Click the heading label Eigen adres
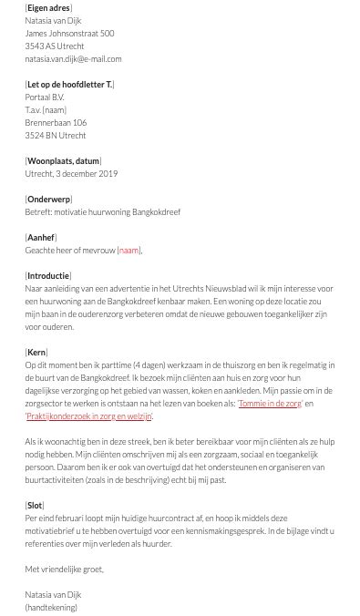point(48,8)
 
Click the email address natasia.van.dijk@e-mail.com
point(73,58)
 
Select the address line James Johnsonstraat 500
point(69,34)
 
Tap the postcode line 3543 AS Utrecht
point(55,46)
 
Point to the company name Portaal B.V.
point(45,98)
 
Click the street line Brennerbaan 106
point(56,123)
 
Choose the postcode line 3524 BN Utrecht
point(56,136)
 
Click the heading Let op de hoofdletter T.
point(69,85)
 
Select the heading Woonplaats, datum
point(63,161)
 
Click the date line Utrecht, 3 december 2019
point(71,174)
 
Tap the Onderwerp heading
point(48,200)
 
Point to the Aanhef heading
point(41,238)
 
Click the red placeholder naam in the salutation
point(129,251)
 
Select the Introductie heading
point(48,276)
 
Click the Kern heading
point(36,353)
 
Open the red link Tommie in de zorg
point(270,404)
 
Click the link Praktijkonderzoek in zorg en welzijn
point(88,416)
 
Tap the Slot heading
point(35,506)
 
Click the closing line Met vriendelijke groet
point(65,570)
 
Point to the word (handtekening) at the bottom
point(51,608)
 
